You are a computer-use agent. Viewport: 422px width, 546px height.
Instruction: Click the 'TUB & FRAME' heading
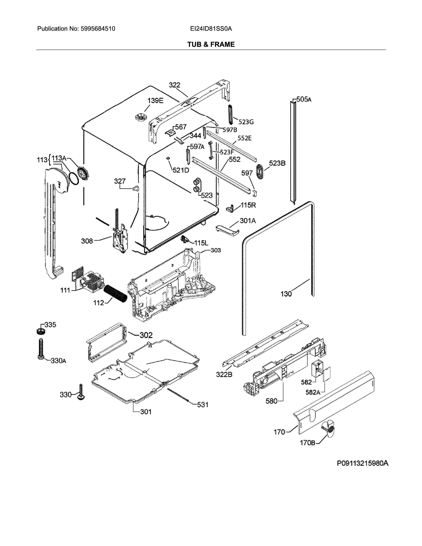click(x=211, y=45)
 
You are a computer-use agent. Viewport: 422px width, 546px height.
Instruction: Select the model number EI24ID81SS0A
click(x=211, y=29)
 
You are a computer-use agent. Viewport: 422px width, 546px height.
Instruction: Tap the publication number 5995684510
click(x=98, y=29)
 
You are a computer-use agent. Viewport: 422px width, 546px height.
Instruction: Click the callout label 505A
click(x=304, y=99)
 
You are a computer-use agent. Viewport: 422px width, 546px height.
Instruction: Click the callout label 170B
click(x=307, y=443)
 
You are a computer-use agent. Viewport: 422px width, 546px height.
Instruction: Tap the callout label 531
click(x=203, y=405)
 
